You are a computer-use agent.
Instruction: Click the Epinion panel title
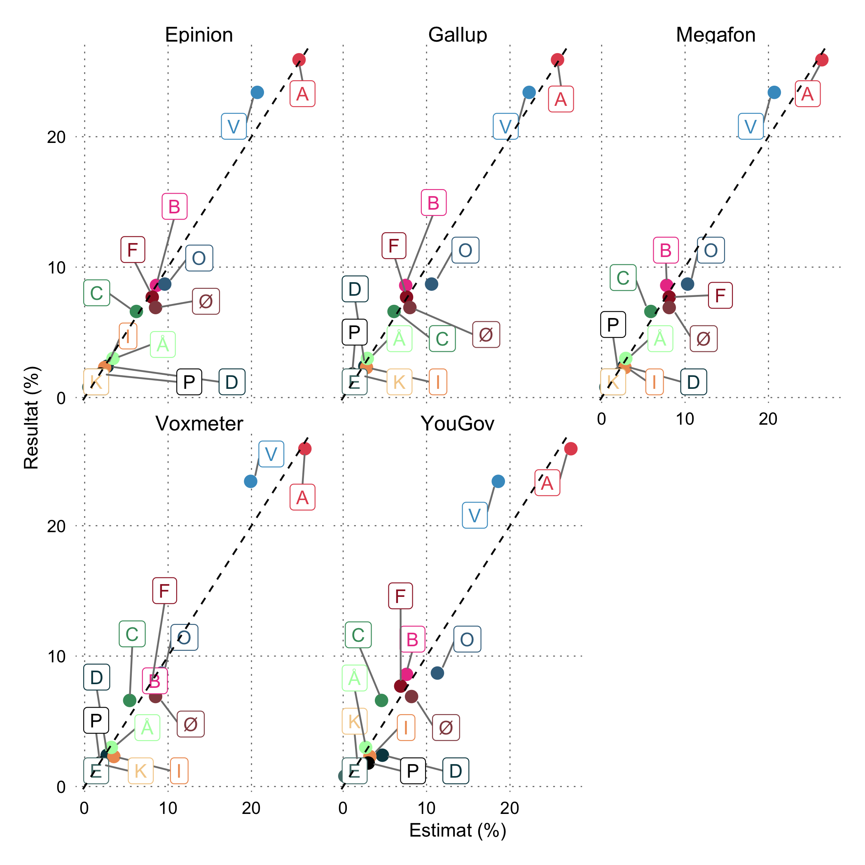pyautogui.click(x=199, y=35)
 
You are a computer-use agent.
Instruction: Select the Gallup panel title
pyautogui.click(x=458, y=35)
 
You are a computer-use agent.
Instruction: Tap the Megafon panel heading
pyautogui.click(x=715, y=35)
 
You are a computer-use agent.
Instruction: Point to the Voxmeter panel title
pyautogui.click(x=199, y=423)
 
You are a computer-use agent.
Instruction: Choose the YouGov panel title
pyautogui.click(x=458, y=423)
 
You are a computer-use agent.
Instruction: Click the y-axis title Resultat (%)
pyautogui.click(x=32, y=417)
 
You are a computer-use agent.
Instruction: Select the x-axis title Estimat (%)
pyautogui.click(x=458, y=830)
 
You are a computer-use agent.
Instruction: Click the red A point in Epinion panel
pyautogui.click(x=299, y=60)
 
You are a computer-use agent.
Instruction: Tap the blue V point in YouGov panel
pyautogui.click(x=498, y=481)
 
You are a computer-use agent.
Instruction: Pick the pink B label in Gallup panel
pyautogui.click(x=433, y=203)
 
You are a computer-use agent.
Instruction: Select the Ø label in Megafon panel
pyautogui.click(x=704, y=339)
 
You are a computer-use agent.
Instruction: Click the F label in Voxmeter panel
pyautogui.click(x=164, y=591)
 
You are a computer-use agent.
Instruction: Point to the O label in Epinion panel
pyautogui.click(x=199, y=258)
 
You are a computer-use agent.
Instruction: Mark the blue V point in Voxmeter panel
pyautogui.click(x=251, y=481)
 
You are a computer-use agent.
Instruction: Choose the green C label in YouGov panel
pyautogui.click(x=358, y=635)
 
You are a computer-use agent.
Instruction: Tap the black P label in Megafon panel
pyautogui.click(x=613, y=324)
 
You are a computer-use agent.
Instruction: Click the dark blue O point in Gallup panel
pyautogui.click(x=431, y=284)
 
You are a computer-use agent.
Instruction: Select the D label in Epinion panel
pyautogui.click(x=231, y=382)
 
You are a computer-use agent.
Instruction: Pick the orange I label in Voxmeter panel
pyautogui.click(x=179, y=771)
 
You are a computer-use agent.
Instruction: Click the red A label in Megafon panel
pyautogui.click(x=807, y=94)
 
